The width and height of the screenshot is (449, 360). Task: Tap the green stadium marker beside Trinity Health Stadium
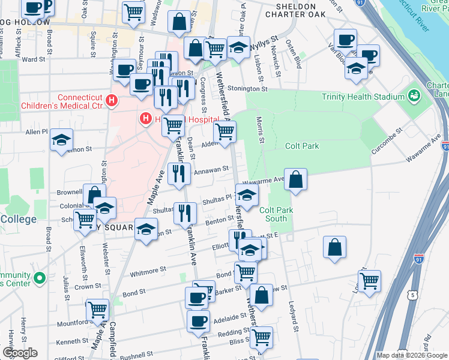413,95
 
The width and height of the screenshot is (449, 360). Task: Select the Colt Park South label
276,214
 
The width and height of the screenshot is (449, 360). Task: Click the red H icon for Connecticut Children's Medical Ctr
110,101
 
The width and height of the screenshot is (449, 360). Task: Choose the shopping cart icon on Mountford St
97,310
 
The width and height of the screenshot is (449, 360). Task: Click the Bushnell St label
138,355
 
